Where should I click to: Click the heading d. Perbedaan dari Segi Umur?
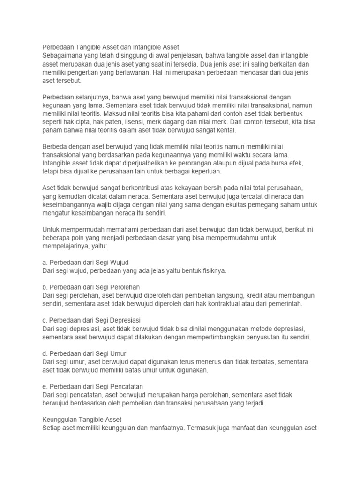[84, 353]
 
